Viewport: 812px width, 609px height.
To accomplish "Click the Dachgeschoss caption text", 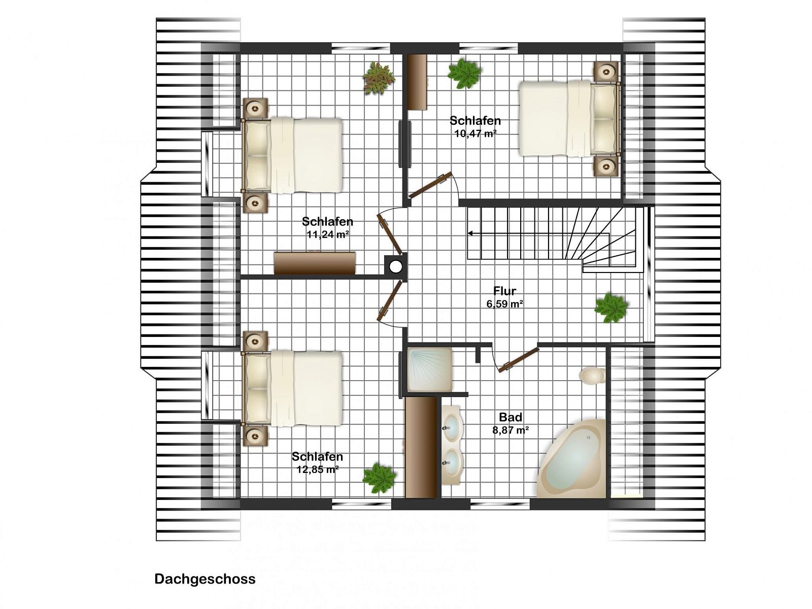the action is click(x=205, y=579).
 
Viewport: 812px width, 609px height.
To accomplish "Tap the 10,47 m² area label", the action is click(x=475, y=133).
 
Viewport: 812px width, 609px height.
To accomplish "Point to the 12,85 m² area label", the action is click(x=318, y=469).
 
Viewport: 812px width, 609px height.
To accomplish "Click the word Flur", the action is click(x=504, y=291).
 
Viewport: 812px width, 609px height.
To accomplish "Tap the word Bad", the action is click(x=511, y=417).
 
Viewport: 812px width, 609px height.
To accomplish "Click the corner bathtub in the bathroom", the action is click(x=571, y=459).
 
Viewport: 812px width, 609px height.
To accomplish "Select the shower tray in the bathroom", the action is click(x=429, y=369).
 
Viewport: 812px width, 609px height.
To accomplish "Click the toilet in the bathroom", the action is click(x=592, y=376).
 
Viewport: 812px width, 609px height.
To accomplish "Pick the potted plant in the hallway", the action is click(x=611, y=308).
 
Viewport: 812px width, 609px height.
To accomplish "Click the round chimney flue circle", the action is click(x=396, y=266).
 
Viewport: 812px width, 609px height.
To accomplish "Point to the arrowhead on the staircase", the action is click(x=470, y=233).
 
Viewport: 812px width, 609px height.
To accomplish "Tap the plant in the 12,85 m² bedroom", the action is click(x=379, y=478).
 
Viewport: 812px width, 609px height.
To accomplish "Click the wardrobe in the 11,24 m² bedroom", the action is click(x=315, y=263).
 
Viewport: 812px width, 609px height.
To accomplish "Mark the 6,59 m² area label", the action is click(x=504, y=304).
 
